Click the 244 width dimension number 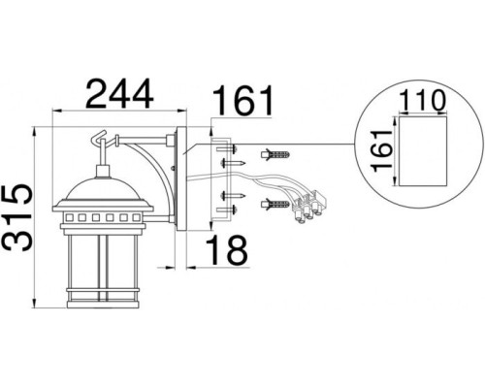119,94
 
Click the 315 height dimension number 17,218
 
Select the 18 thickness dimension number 227,249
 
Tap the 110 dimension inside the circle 422,101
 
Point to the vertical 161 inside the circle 381,150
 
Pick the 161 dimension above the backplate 242,100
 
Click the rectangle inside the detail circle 423,151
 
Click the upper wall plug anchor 275,154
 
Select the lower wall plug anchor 275,205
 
